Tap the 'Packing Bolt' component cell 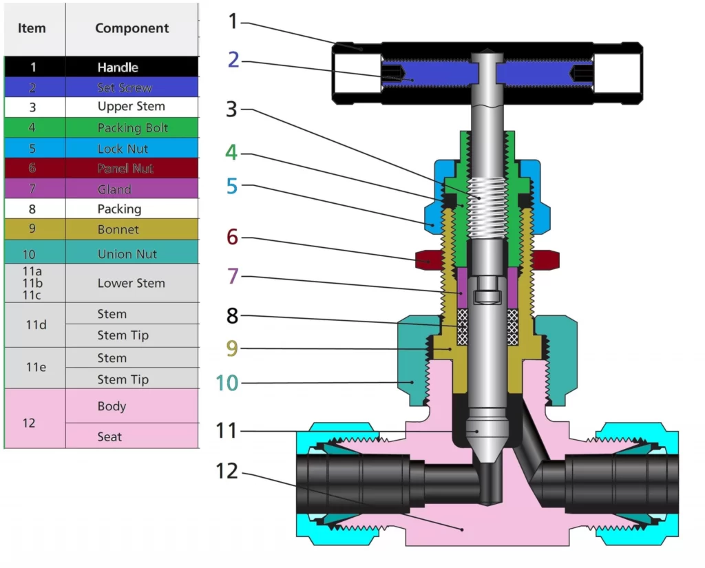[131, 128]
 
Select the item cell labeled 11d [35, 324]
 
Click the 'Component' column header [131, 28]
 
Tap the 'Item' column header [32, 28]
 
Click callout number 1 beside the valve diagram [233, 22]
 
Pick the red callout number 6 [232, 237]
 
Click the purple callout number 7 [233, 276]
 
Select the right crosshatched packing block [513, 327]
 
